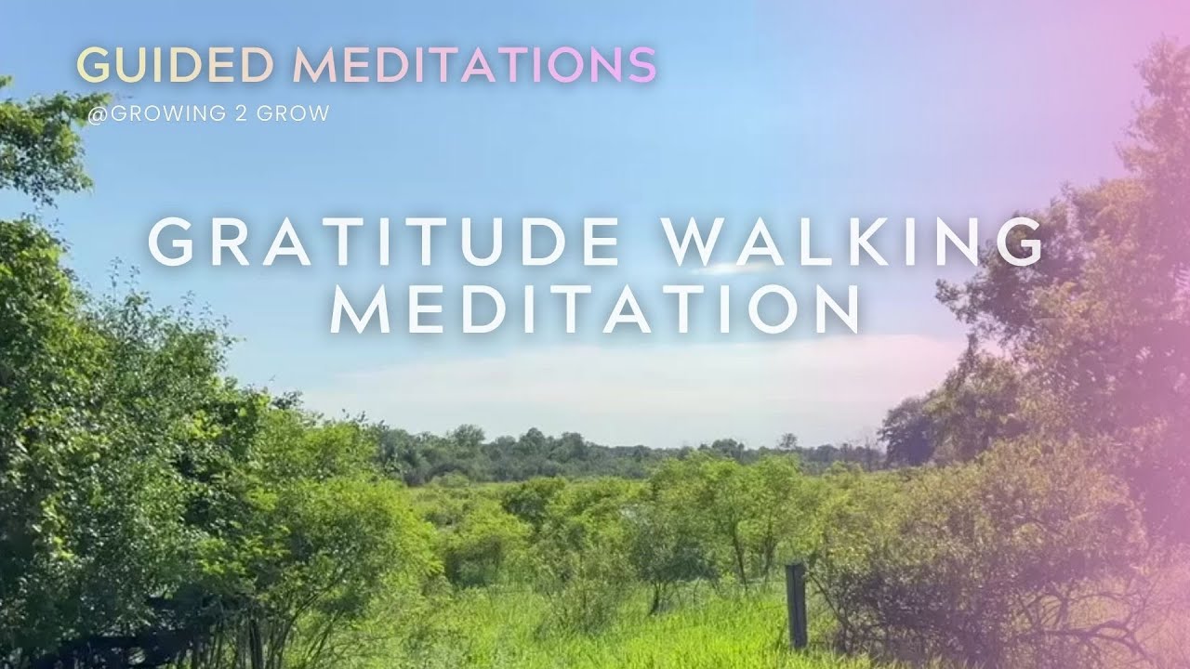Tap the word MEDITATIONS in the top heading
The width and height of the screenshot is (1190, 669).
pyautogui.click(x=475, y=64)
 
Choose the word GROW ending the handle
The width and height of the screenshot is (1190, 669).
pyautogui.click(x=293, y=115)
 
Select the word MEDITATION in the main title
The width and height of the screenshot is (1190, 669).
pyautogui.click(x=595, y=310)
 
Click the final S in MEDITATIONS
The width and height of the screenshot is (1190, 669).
pyautogui.click(x=641, y=64)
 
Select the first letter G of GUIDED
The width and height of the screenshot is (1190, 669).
pyautogui.click(x=92, y=64)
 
